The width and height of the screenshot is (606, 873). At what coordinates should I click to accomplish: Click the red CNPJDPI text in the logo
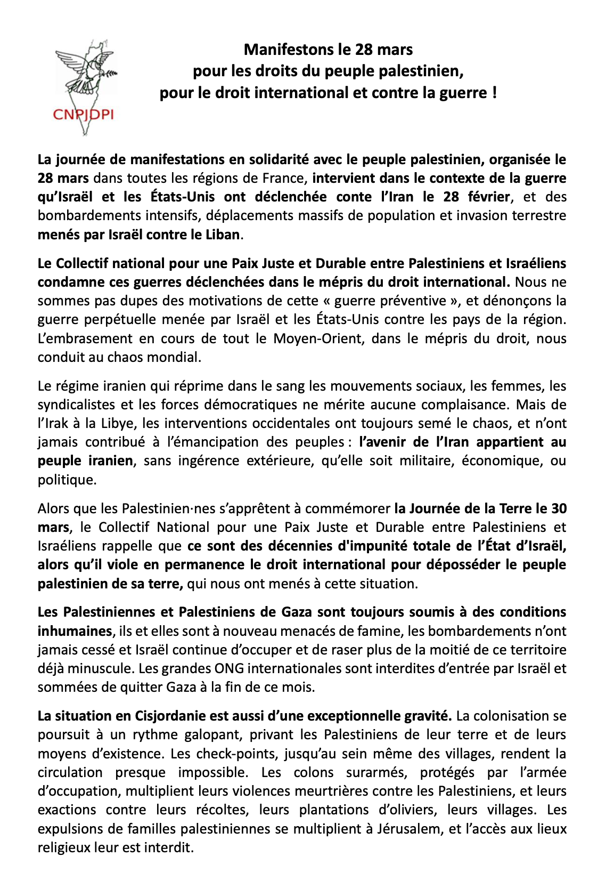click(x=83, y=114)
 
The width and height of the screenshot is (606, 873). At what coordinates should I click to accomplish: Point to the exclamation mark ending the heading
click(x=495, y=93)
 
